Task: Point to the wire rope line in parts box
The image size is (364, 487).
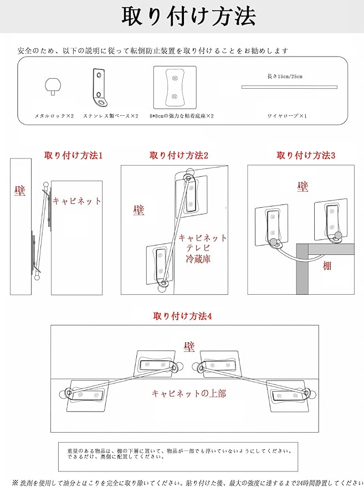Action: [x=289, y=86]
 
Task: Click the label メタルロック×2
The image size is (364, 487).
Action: [x=54, y=116]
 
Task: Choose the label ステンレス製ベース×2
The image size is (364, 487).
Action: [x=111, y=116]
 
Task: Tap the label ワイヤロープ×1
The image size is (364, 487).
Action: [x=287, y=116]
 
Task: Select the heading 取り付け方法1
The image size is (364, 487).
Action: [x=73, y=156]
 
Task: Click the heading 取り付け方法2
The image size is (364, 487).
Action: [x=178, y=156]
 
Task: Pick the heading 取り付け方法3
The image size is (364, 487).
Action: [x=306, y=156]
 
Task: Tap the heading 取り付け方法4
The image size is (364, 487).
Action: [x=183, y=316]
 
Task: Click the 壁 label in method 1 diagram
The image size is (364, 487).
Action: [x=20, y=191]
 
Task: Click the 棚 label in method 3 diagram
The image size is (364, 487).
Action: [x=327, y=266]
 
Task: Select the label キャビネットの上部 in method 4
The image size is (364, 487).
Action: [x=189, y=394]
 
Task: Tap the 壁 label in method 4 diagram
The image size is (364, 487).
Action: [x=189, y=347]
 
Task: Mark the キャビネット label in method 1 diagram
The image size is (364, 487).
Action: [x=77, y=201]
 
